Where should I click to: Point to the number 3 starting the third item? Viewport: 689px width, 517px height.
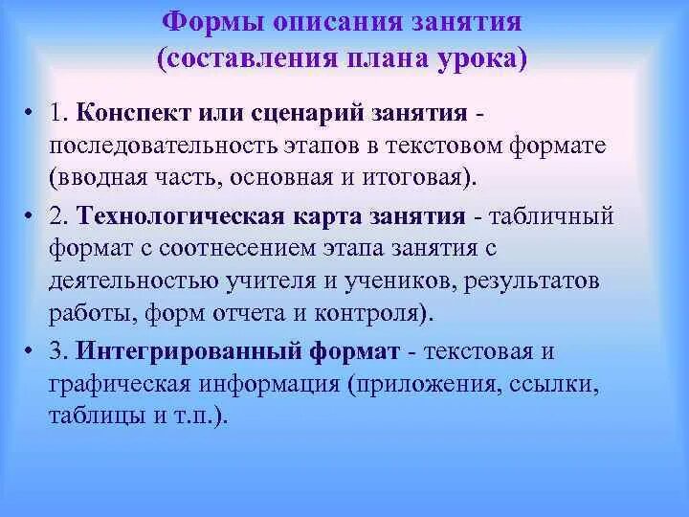pyautogui.click(x=58, y=350)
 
